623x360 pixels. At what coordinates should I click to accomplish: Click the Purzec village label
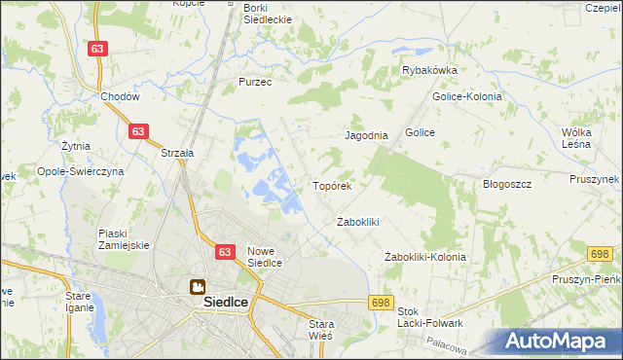tap(255, 83)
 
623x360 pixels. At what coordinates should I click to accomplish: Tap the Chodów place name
tap(121, 97)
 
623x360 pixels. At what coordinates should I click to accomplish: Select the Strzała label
tap(178, 153)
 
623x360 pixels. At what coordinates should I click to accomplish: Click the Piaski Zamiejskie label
tap(124, 239)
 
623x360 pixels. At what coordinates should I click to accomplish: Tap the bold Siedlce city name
tap(226, 303)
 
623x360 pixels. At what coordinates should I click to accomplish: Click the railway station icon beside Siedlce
tap(197, 287)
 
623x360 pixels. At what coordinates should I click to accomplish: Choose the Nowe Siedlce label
tap(265, 256)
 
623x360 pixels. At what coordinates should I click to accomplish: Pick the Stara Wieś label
tap(320, 329)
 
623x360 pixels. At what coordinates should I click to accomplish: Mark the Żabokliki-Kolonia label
tap(425, 257)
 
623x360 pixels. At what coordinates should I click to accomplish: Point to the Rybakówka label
tap(430, 70)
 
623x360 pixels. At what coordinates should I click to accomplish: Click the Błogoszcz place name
tap(506, 184)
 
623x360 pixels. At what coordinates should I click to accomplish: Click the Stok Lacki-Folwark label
tap(429, 317)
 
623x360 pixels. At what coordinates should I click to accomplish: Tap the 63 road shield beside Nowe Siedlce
tap(225, 252)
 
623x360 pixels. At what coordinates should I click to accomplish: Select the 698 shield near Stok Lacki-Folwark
tap(381, 304)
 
